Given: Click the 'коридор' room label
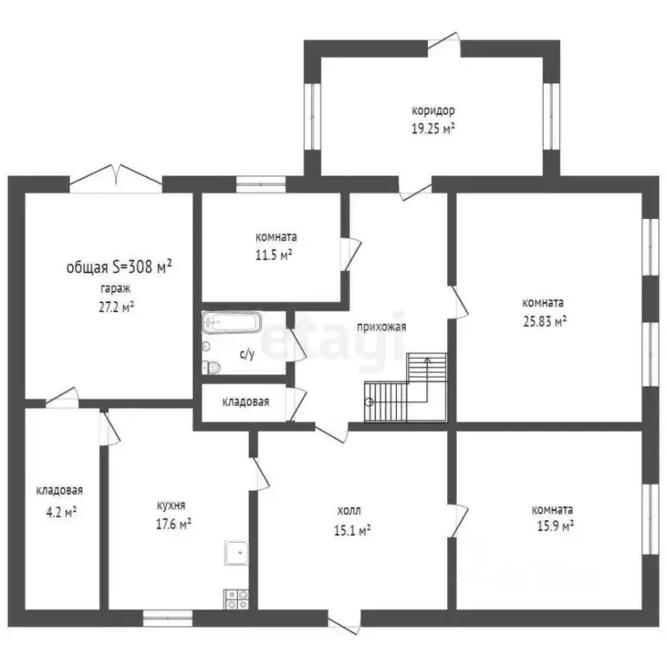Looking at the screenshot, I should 433,111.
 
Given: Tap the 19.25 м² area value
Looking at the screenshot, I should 433,129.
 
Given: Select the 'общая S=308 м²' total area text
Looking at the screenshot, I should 119,267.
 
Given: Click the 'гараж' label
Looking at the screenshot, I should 109,288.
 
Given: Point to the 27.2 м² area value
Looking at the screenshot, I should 116,307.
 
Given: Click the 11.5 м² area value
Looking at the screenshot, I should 274,254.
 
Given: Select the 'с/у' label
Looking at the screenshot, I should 247,354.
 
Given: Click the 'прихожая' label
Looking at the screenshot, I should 381,327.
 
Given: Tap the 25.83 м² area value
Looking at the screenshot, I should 544,320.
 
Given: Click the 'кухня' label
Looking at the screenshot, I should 171,505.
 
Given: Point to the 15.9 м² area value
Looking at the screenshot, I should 554,526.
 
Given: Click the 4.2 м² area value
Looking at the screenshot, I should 60,512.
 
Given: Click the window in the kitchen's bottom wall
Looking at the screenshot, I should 168,617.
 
